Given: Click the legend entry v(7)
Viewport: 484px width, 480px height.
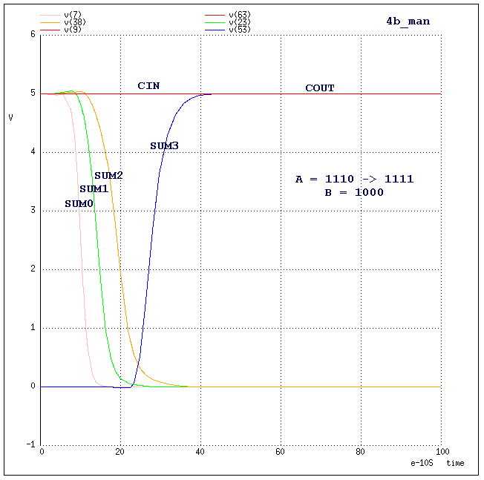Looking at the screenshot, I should tap(73, 14).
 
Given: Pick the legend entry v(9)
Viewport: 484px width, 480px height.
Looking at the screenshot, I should tap(73, 30).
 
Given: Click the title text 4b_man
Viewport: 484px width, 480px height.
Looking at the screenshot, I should tap(408, 22).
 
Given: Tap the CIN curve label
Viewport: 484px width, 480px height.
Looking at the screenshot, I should tap(148, 86).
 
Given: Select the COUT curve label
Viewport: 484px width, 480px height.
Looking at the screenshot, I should tap(320, 88).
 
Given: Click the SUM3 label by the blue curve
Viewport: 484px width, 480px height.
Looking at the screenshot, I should tap(164, 146).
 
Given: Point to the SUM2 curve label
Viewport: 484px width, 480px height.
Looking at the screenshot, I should tap(108, 175).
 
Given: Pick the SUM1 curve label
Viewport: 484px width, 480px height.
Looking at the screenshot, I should tap(94, 189).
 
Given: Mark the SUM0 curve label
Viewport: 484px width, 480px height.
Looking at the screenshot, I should tap(79, 203).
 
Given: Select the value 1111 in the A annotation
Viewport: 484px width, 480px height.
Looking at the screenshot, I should tap(399, 179).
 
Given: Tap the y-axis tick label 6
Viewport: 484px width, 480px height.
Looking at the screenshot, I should tap(33, 35).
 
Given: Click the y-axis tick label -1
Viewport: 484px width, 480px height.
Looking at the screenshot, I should tap(30, 445).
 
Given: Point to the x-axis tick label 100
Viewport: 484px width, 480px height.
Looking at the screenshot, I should tap(441, 452).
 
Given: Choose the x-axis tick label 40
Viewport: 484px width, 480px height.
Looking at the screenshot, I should tap(201, 452).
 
